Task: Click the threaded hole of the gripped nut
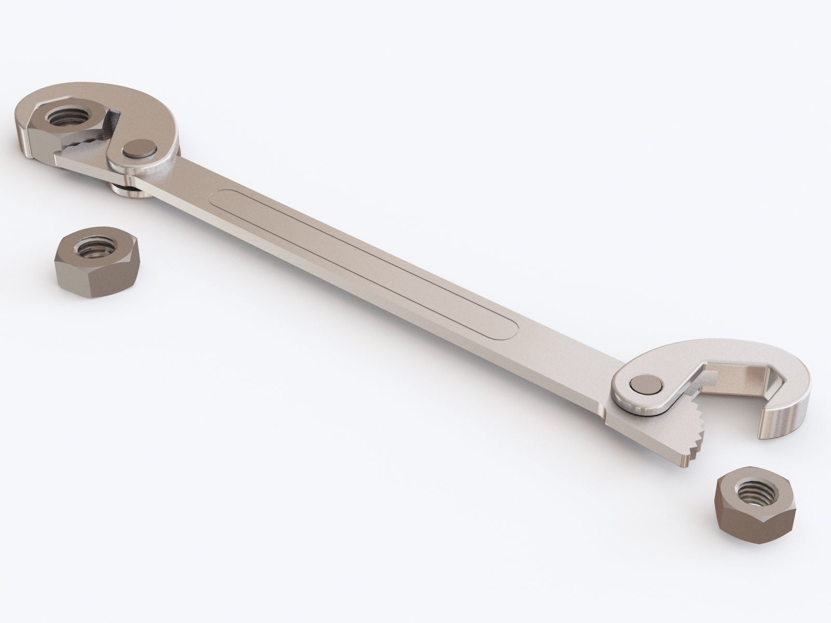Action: click(x=65, y=116)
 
